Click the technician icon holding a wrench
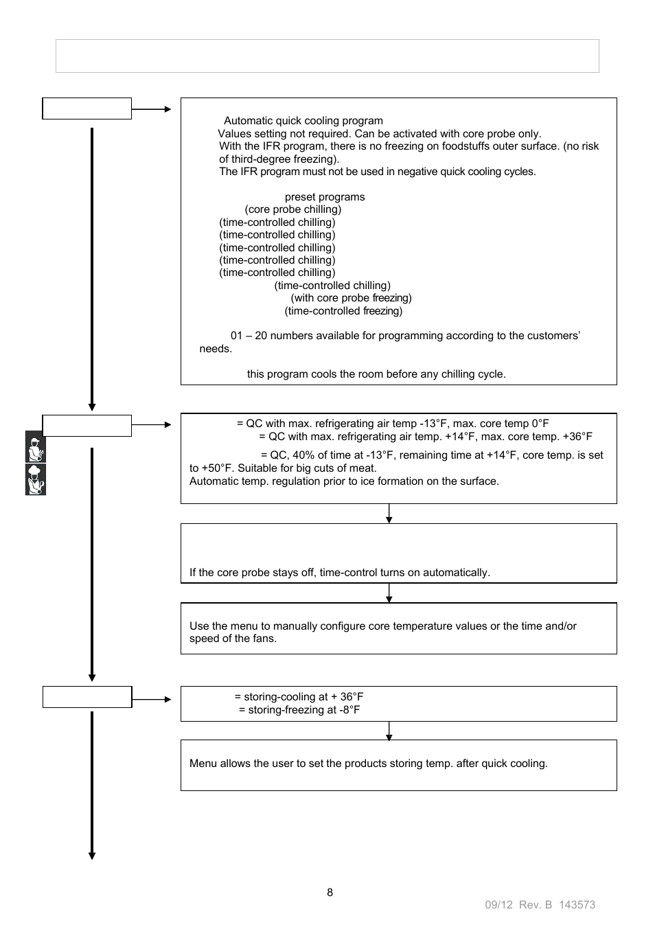(x=36, y=447)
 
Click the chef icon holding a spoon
(x=36, y=479)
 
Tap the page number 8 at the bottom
(x=330, y=892)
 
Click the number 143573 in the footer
(x=577, y=905)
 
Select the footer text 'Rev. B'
(x=536, y=905)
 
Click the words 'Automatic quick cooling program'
(x=303, y=121)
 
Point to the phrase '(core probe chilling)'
(x=293, y=209)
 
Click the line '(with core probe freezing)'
(x=351, y=298)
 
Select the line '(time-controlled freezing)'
(x=343, y=311)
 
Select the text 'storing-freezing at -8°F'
(x=299, y=710)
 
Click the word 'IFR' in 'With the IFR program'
(x=269, y=146)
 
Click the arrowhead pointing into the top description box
(x=168, y=108)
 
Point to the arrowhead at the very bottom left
(x=92, y=856)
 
